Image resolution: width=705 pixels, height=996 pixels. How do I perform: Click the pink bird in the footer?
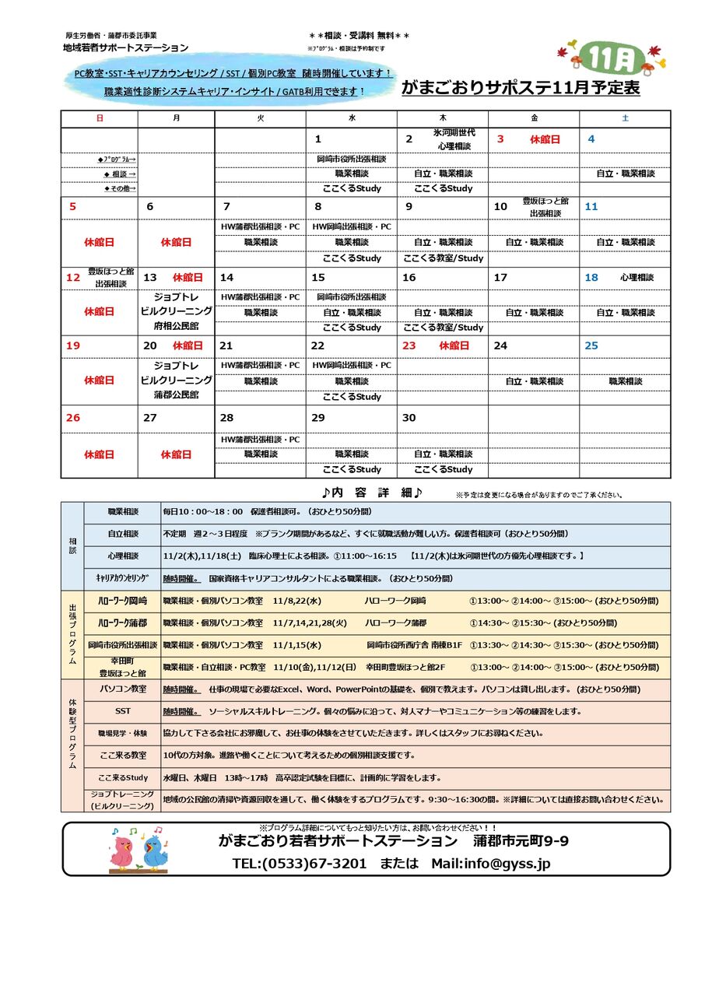[x=122, y=851]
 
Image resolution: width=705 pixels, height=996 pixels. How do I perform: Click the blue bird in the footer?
[x=155, y=851]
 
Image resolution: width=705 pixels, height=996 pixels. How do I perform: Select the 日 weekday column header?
[x=100, y=118]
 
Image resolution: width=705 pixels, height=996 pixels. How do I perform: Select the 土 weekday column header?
[x=625, y=118]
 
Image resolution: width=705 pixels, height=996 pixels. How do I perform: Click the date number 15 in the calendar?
[x=318, y=278]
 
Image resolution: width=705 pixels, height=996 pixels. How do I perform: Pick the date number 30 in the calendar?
[x=409, y=418]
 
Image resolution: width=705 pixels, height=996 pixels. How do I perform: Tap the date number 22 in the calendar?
[x=317, y=345]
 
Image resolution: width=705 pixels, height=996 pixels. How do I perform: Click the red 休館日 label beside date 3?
[x=545, y=140]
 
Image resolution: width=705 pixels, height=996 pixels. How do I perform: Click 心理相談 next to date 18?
[x=637, y=278]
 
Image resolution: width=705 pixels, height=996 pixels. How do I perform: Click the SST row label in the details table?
[x=123, y=711]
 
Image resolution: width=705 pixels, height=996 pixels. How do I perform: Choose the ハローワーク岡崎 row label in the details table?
[x=123, y=601]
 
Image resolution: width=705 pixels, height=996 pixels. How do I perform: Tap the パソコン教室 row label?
[x=123, y=689]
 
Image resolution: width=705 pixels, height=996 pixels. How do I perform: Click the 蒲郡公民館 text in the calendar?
[x=177, y=395]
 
